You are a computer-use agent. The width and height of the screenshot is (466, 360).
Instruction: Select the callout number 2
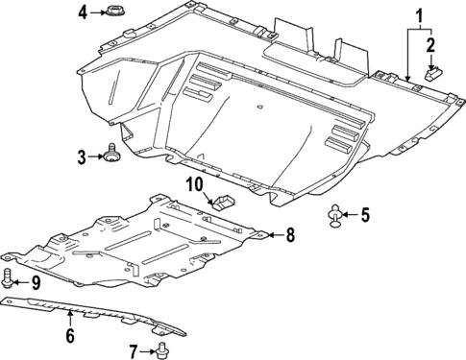pyautogui.click(x=430, y=44)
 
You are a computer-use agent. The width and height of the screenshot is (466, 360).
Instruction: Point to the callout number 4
pyautogui.click(x=84, y=12)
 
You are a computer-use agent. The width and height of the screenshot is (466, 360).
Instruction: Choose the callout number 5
pyautogui.click(x=364, y=215)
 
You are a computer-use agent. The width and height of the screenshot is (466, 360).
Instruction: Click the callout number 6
pyautogui.click(x=69, y=335)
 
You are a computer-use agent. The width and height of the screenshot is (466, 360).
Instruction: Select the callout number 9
pyautogui.click(x=36, y=282)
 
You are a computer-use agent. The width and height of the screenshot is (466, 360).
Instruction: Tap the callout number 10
pyautogui.click(x=194, y=183)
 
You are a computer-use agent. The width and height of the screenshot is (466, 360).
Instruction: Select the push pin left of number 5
pyautogui.click(x=336, y=217)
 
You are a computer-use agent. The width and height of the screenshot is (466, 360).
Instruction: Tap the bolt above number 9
pyautogui.click(x=10, y=279)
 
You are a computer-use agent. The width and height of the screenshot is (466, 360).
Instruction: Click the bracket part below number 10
pyautogui.click(x=223, y=202)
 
